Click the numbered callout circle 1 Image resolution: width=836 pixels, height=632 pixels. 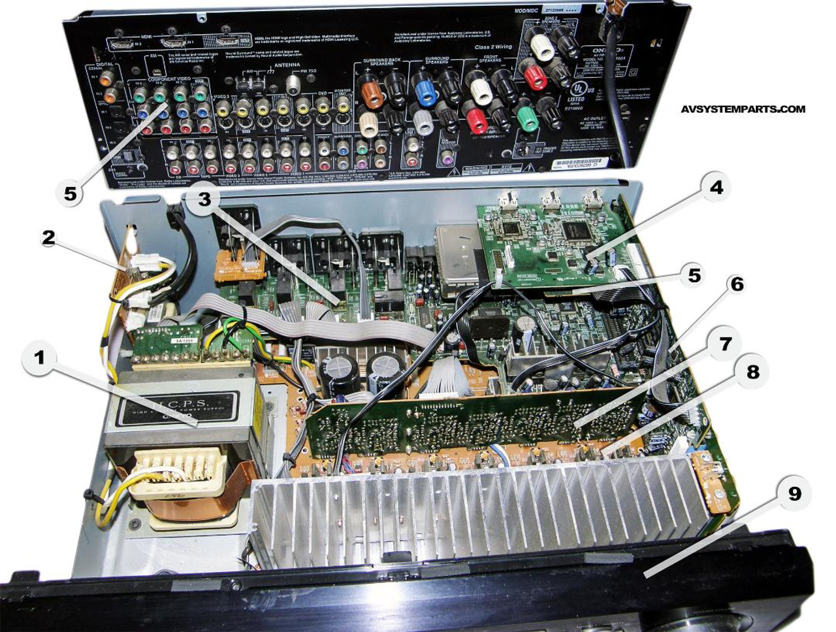tap(40, 358)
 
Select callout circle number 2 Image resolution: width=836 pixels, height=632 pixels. tap(48, 238)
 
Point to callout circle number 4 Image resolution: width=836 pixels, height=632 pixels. tap(716, 188)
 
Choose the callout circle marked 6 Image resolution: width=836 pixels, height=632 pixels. tap(736, 284)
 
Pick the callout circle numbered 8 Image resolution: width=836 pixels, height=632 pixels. tap(752, 372)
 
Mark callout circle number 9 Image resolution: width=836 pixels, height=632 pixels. tap(794, 492)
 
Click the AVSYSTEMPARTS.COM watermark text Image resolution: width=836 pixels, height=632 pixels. tap(743, 109)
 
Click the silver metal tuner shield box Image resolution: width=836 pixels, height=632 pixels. tap(460, 258)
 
